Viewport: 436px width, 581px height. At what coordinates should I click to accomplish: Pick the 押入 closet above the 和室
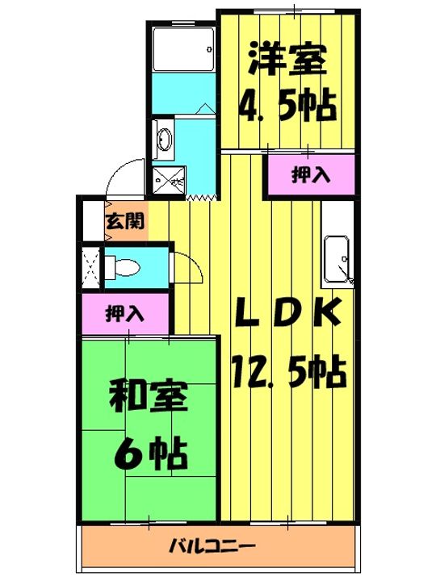(x=124, y=314)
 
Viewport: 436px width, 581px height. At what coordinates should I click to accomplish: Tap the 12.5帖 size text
(x=286, y=373)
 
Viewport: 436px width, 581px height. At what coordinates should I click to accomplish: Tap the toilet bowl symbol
(x=124, y=266)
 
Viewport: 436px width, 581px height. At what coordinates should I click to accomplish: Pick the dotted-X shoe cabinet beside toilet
(x=90, y=266)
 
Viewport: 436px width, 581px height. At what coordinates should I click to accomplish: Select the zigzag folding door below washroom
(x=202, y=196)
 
